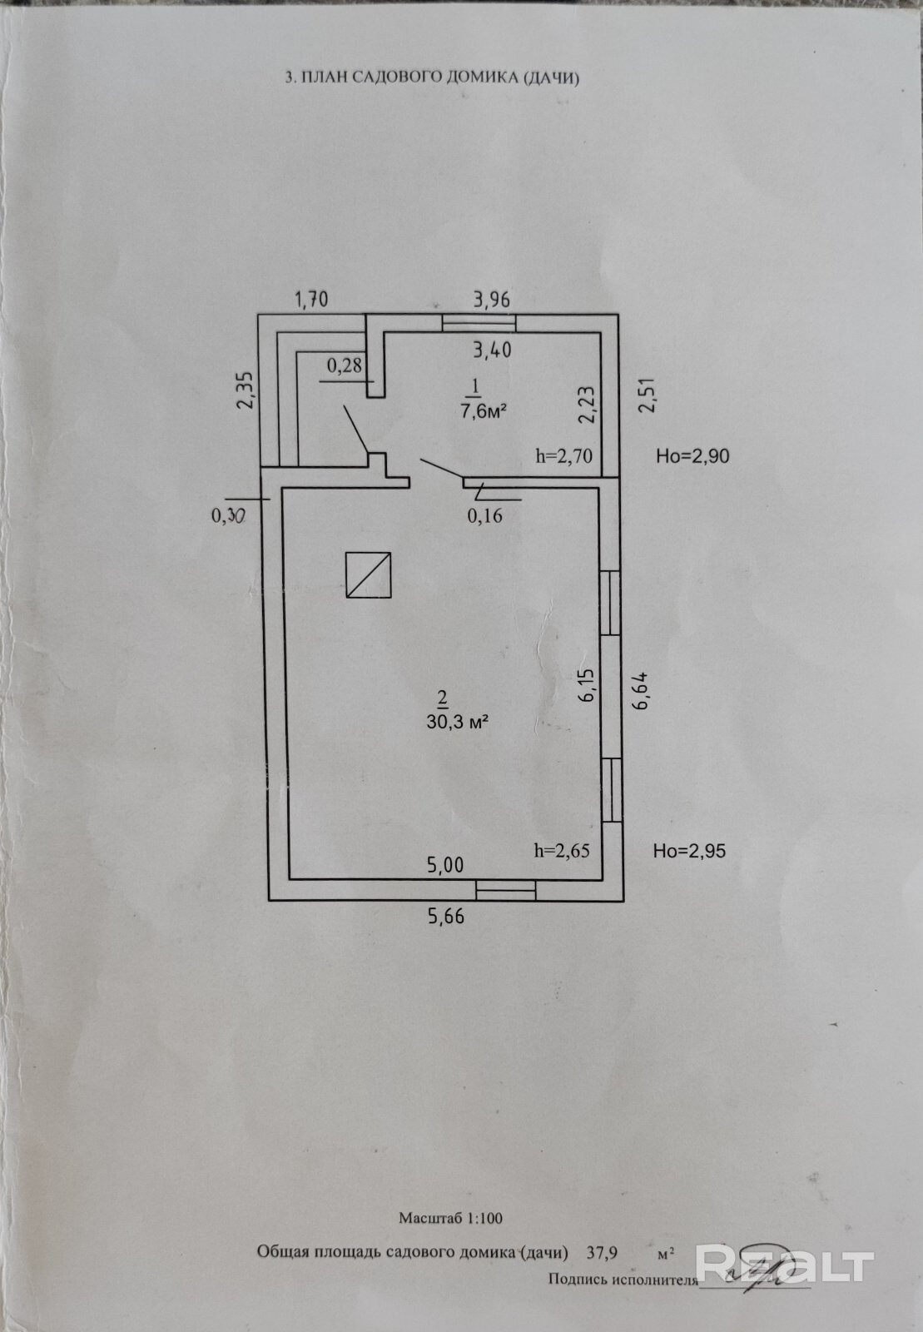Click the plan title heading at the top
(x=431, y=77)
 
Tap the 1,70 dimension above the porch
(x=312, y=299)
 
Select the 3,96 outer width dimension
(x=491, y=299)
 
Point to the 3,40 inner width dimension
(x=492, y=350)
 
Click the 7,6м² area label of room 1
(x=484, y=410)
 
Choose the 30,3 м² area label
(x=456, y=722)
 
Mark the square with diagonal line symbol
(x=369, y=574)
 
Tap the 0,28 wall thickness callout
(x=344, y=365)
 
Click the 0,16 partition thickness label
(x=484, y=515)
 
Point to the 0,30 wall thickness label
(x=228, y=515)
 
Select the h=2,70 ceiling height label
(x=563, y=455)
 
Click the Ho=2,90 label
(x=692, y=455)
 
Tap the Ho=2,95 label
(x=689, y=851)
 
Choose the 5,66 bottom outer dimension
(x=445, y=917)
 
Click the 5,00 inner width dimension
(x=445, y=865)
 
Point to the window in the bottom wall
(x=505, y=890)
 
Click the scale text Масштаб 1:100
(x=450, y=1218)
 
